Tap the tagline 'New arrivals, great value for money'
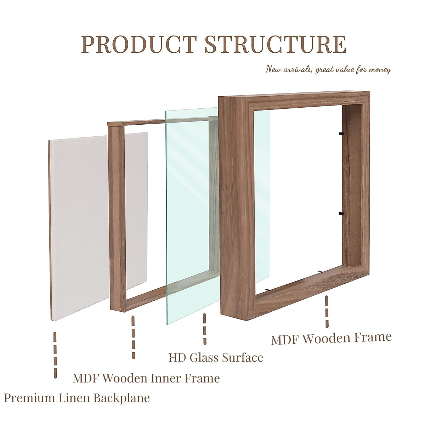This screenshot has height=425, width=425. pos(328,69)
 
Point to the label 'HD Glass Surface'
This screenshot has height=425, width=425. pos(216,358)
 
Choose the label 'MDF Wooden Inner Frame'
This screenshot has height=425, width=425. pos(146,378)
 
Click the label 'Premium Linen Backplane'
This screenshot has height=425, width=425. pos(77,398)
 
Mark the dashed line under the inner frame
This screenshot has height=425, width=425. pos(133,337)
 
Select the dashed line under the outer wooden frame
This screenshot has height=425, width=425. pos(327,312)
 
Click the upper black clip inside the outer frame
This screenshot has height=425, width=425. pos(341,134)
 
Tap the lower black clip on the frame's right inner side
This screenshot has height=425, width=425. pos(341,214)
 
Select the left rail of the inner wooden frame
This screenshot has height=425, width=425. pos(117,216)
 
